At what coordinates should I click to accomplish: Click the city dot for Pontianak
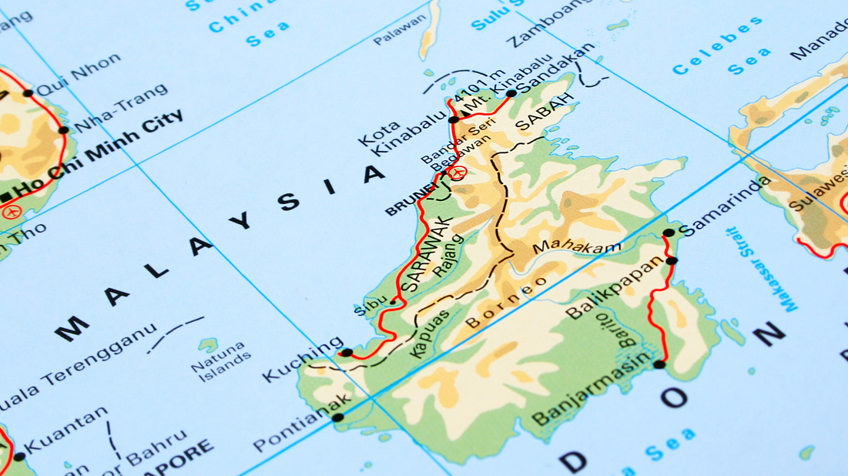pos(337,417)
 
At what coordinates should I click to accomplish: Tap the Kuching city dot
pos(347,353)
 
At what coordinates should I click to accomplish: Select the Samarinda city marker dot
pos(669,233)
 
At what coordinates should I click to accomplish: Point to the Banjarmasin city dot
pos(659,364)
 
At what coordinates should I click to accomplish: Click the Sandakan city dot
pos(511,94)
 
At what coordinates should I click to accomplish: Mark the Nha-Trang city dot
pos(64,129)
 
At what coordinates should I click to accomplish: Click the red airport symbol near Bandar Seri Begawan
pos(458,173)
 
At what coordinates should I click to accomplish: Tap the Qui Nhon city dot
pos(28,93)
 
